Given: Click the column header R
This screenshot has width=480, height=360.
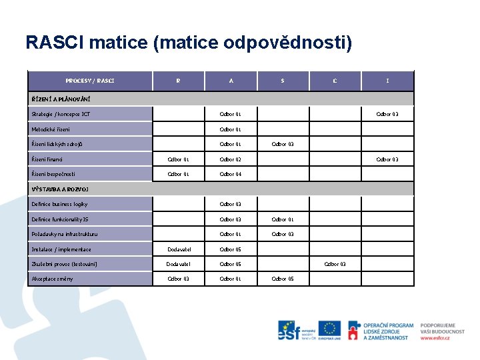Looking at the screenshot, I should tap(178, 81).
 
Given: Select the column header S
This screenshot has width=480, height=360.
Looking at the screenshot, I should tap(282, 81).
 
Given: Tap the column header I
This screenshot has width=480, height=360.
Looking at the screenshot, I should tap(387, 81).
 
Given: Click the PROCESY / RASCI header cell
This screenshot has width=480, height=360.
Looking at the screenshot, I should tap(90, 81).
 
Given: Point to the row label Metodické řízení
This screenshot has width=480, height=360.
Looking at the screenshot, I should tap(51, 129).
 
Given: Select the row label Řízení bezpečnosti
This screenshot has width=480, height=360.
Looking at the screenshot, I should tap(53, 174).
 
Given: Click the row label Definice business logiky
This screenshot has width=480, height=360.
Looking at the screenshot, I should tap(59, 204).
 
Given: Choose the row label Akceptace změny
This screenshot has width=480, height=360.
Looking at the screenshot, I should tap(53, 279).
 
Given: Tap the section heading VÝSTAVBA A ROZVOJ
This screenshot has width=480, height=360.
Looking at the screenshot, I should tap(59, 189).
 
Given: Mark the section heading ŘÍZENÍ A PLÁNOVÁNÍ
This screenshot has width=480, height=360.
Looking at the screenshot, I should tap(61, 99).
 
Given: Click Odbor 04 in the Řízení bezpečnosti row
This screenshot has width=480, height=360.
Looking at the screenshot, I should tap(231, 174).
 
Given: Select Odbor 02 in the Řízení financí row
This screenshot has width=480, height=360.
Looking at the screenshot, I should tap(231, 159).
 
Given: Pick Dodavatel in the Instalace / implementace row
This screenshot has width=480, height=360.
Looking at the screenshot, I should tap(178, 249).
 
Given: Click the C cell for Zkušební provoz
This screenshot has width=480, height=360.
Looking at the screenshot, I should tap(335, 264).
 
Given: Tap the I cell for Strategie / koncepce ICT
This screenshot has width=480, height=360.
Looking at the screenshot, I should tap(387, 114).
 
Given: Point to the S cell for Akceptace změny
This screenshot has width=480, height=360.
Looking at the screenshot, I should tap(282, 279).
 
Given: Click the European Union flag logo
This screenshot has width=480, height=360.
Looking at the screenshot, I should tap(329, 330).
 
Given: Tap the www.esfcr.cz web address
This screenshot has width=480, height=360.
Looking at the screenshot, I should tap(435, 338).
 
